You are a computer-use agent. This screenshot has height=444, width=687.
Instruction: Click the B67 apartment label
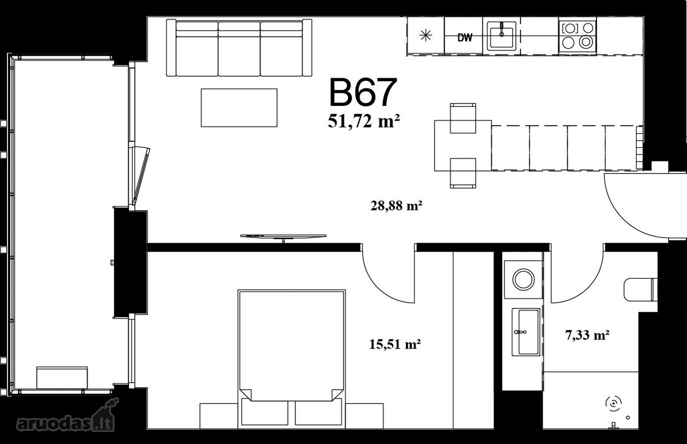pyautogui.click(x=362, y=92)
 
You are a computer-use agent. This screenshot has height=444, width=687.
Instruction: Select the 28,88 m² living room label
pyautogui.click(x=396, y=205)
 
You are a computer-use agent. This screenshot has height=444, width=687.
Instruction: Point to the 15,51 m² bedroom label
pyautogui.click(x=394, y=344)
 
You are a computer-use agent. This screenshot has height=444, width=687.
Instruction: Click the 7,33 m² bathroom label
pyautogui.click(x=587, y=335)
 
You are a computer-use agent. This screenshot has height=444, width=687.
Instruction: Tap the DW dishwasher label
pyautogui.click(x=465, y=38)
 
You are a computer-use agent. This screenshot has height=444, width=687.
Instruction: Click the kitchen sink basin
pyautogui.click(x=502, y=37)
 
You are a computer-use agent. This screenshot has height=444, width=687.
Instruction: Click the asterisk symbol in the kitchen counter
pyautogui.click(x=426, y=36)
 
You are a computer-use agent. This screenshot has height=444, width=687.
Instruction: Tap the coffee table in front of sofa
pyautogui.click(x=239, y=108)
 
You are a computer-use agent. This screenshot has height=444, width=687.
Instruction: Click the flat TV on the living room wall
pyautogui.click(x=283, y=237)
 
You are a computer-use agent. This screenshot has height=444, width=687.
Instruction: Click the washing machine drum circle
pyautogui.click(x=523, y=279)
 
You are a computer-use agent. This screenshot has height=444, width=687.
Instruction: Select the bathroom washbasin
pyautogui.click(x=526, y=332)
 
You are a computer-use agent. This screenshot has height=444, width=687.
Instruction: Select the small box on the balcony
pyautogui.click(x=62, y=378)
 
